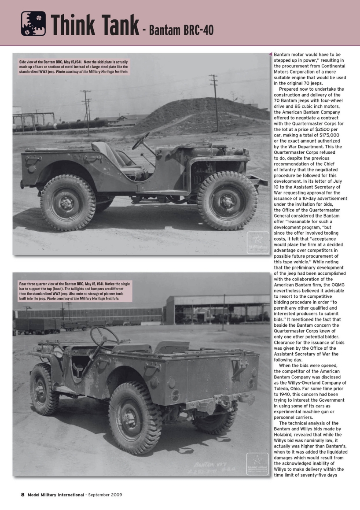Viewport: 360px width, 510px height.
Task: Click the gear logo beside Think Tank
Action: (x=33, y=23)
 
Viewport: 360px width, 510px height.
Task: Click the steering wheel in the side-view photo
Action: (x=141, y=141)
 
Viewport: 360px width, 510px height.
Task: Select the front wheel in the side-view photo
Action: (x=228, y=201)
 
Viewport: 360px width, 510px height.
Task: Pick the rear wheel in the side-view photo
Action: (x=67, y=202)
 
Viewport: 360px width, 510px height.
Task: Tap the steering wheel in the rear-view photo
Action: (x=104, y=336)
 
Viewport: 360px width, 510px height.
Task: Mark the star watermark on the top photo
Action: (x=257, y=242)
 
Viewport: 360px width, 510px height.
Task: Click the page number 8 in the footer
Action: (x=22, y=495)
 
